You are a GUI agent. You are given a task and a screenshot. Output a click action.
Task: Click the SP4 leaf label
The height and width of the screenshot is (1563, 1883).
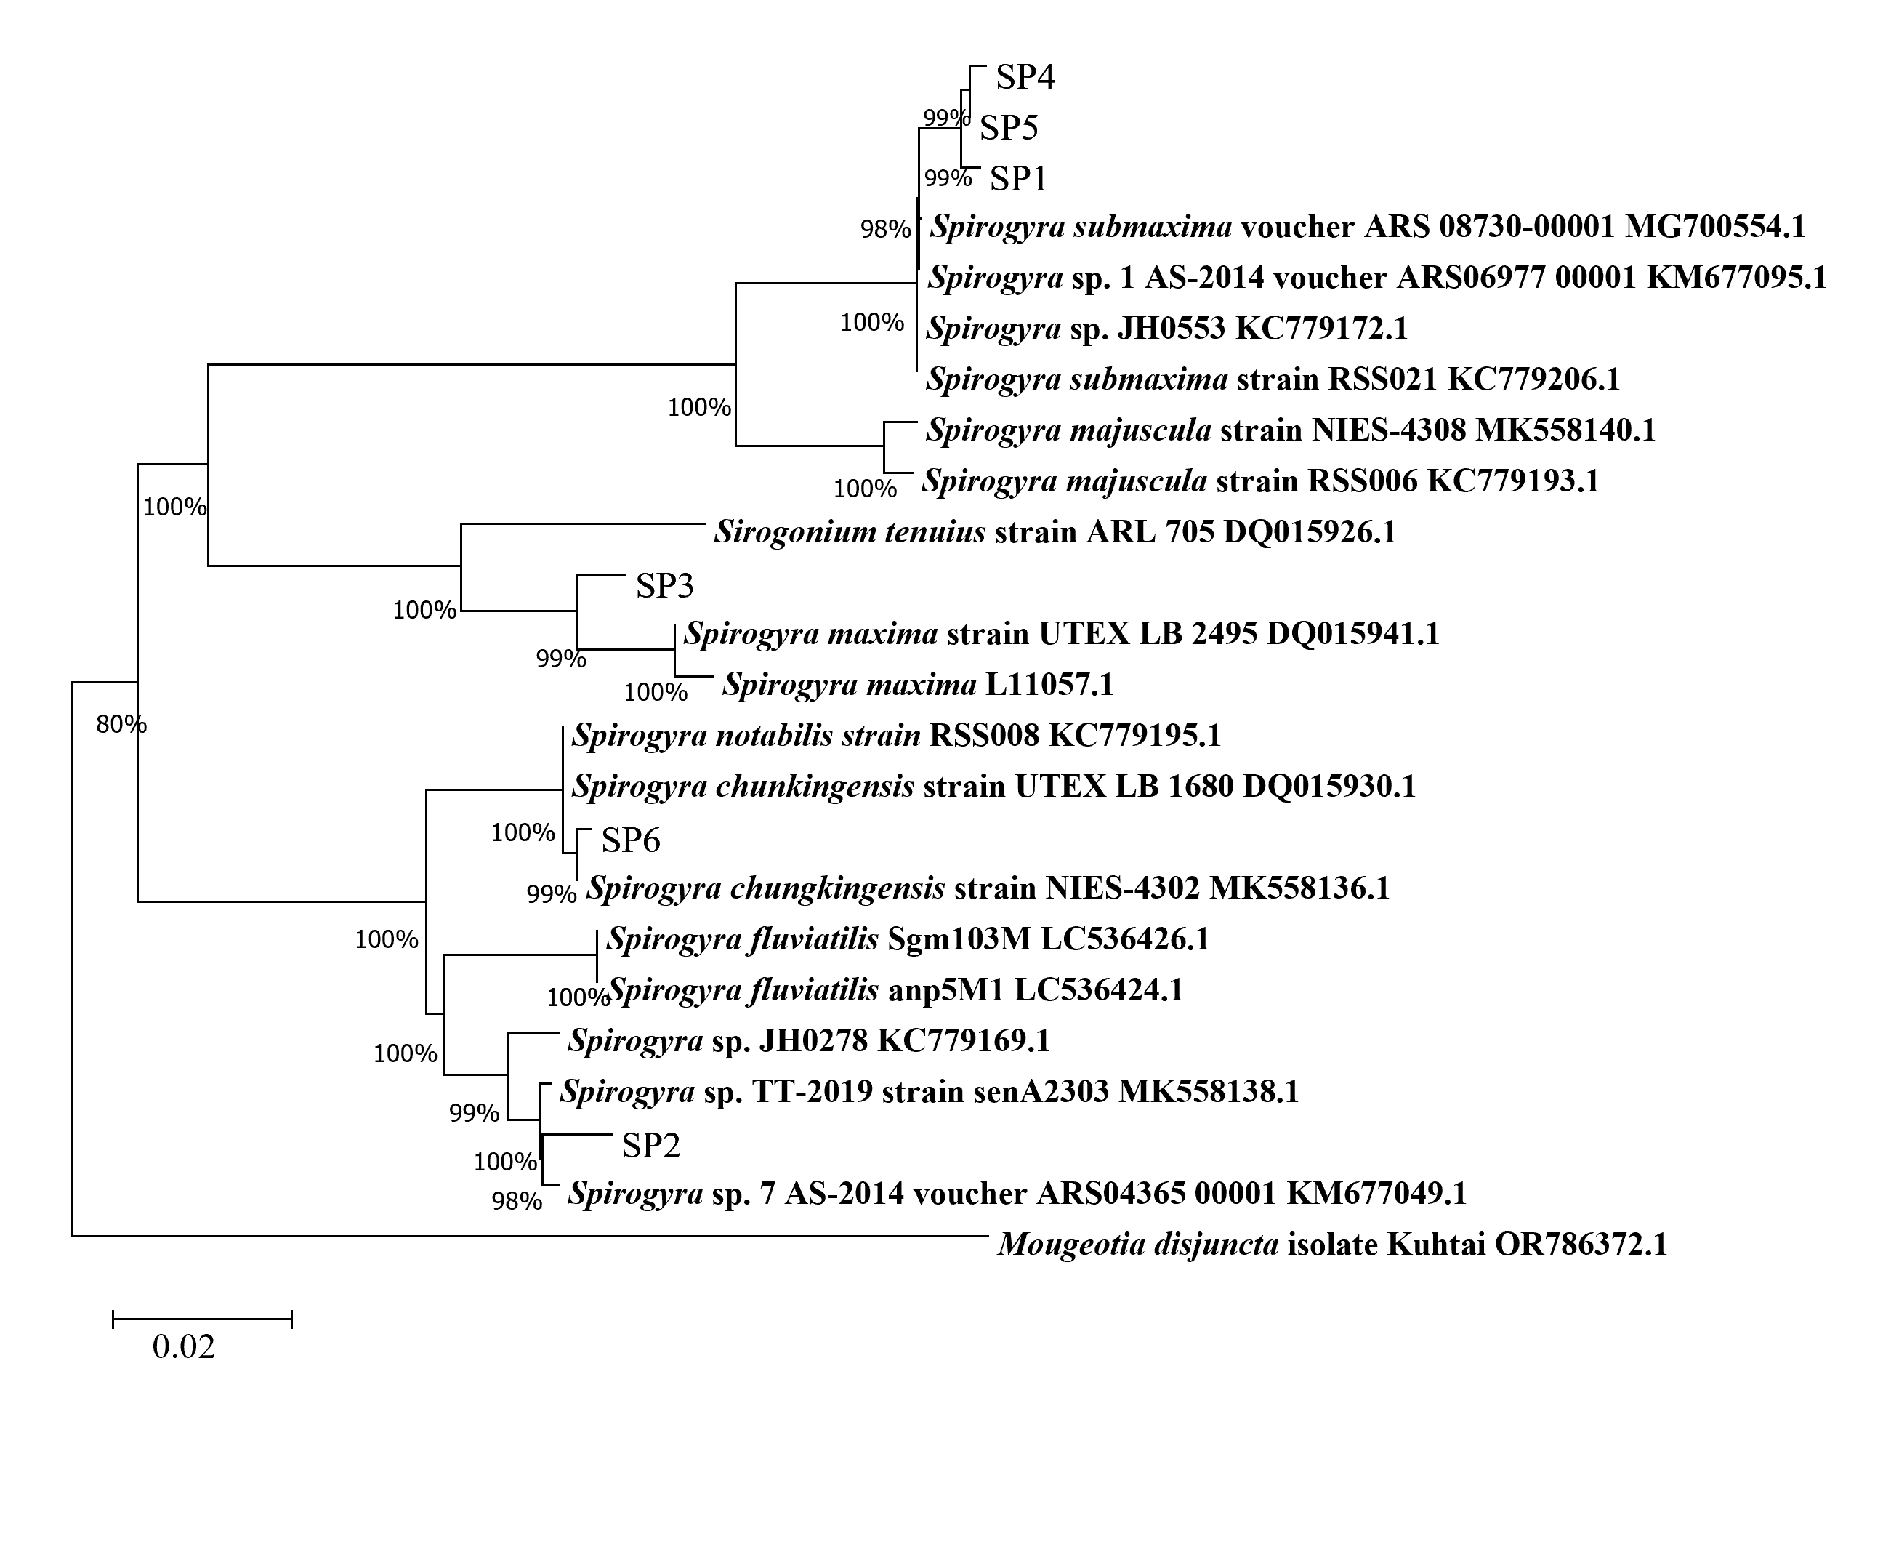[1025, 77]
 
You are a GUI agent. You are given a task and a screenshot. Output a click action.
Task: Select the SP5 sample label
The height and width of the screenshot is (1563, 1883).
[1008, 128]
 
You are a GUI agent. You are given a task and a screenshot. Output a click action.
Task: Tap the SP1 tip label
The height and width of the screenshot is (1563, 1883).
[1019, 180]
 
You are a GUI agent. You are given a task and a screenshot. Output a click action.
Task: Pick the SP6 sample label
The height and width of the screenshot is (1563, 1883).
[630, 840]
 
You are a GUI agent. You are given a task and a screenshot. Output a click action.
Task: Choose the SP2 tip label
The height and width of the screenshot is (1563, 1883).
[651, 1145]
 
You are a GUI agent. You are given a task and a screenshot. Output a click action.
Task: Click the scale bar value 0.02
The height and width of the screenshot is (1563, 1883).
[184, 1347]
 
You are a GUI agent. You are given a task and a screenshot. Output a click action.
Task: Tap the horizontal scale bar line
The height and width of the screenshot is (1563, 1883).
[203, 1318]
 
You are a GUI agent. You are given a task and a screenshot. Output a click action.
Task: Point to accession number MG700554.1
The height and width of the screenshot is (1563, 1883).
[1714, 227]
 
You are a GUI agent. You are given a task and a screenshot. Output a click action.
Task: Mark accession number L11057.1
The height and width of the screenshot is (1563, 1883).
[1049, 685]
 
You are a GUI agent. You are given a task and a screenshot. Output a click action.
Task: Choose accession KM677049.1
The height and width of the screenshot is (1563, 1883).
[1376, 1194]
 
